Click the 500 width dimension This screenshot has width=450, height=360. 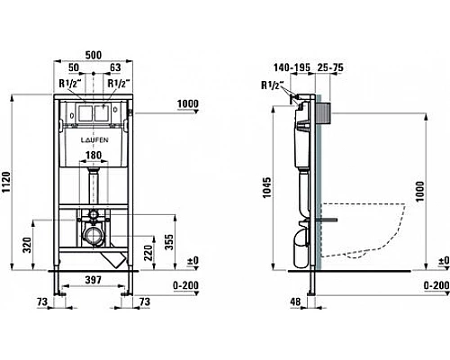(94, 55)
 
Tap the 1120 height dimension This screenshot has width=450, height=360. (6, 182)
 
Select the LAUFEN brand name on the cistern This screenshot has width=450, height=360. (94, 140)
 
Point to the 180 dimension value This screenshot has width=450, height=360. (94, 156)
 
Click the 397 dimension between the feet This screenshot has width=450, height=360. (94, 280)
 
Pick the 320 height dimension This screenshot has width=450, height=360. (27, 245)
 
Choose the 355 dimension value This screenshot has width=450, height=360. (169, 242)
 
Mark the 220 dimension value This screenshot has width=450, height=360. (148, 253)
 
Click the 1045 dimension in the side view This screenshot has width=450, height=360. (266, 187)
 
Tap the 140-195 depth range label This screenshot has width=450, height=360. (292, 67)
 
